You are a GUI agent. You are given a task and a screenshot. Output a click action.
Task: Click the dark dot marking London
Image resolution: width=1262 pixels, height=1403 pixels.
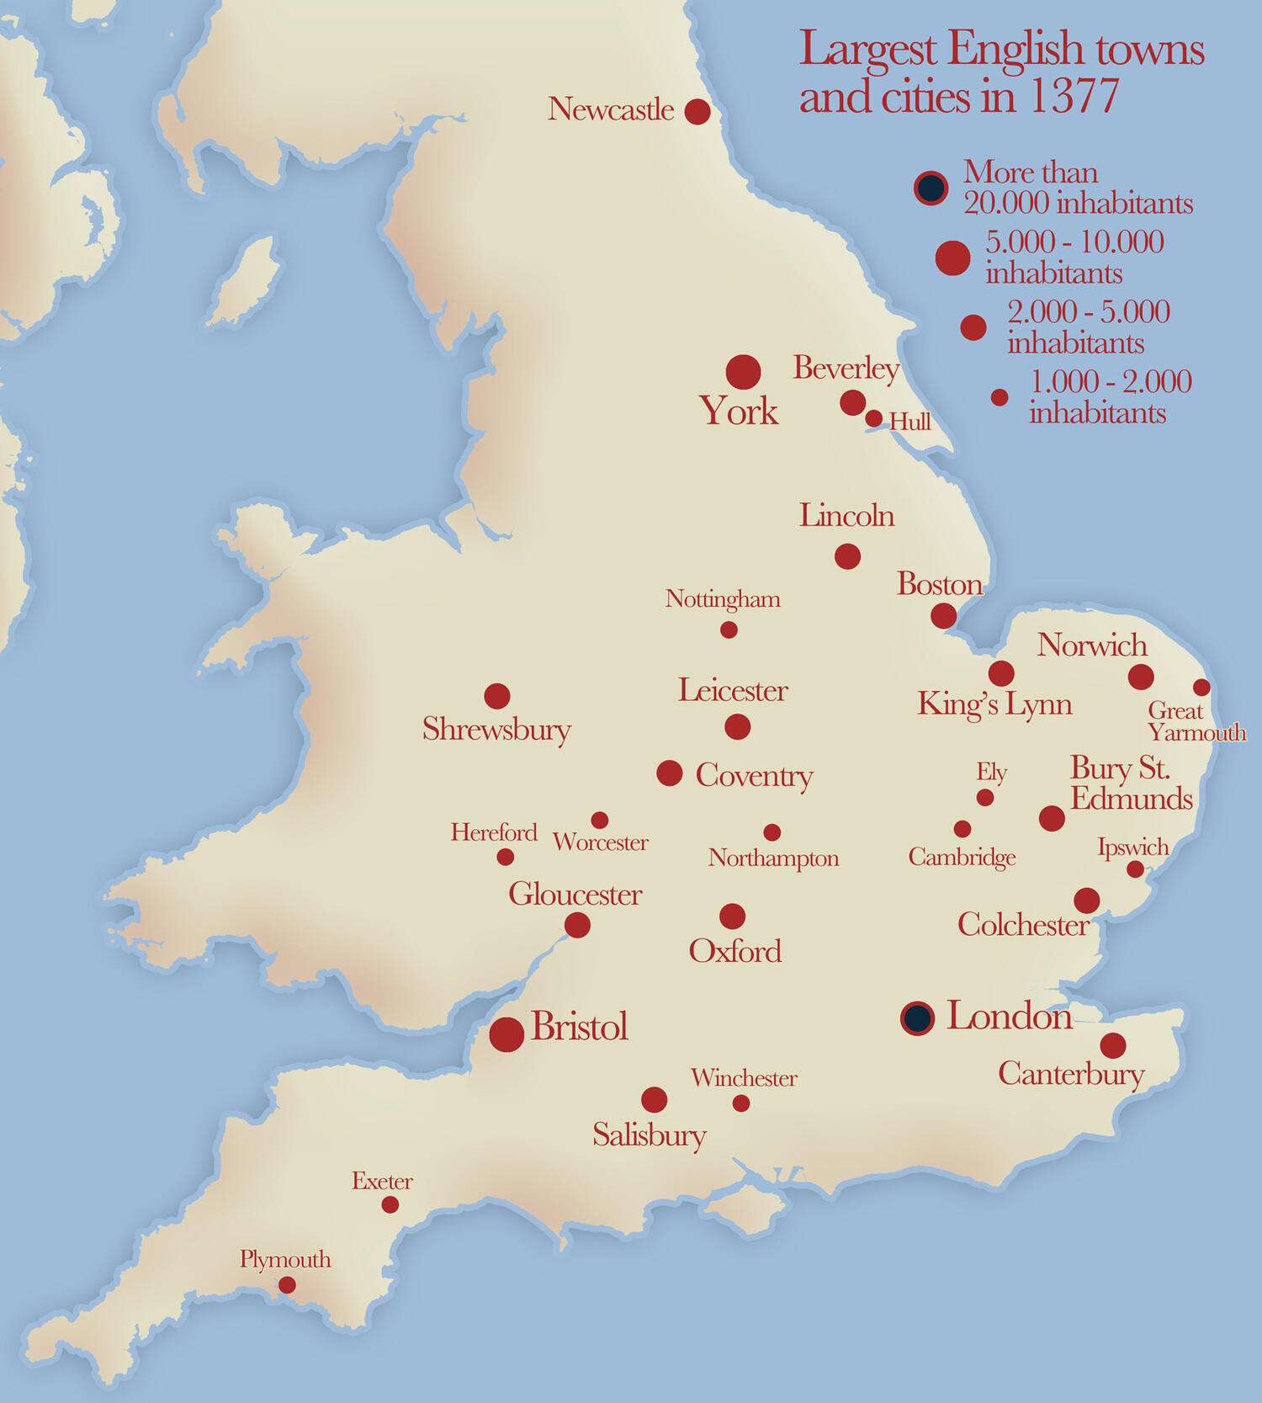(x=917, y=1018)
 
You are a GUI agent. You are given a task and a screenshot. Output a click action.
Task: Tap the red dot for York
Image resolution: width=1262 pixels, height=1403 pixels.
(x=743, y=371)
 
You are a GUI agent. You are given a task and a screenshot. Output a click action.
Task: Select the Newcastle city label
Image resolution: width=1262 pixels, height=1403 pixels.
(x=611, y=109)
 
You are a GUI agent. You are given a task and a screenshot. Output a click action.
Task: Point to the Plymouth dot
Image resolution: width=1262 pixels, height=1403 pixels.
(x=287, y=1285)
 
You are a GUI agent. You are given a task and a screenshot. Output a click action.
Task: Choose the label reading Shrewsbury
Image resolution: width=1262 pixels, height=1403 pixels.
(x=496, y=729)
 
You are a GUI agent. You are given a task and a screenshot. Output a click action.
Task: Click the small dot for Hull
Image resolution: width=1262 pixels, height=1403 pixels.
(x=874, y=418)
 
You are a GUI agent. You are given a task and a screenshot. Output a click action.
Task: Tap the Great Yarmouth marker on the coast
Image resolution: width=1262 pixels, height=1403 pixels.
(x=1201, y=688)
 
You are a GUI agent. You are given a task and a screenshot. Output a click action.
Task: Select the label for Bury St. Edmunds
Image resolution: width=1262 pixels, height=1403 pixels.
(x=1130, y=784)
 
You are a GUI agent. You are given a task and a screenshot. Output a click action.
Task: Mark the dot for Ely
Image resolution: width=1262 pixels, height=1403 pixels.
(x=985, y=797)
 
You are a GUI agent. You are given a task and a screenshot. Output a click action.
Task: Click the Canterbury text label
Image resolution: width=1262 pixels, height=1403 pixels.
(x=1071, y=1075)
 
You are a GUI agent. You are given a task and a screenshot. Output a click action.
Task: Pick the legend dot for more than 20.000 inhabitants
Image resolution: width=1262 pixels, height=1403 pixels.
(x=930, y=188)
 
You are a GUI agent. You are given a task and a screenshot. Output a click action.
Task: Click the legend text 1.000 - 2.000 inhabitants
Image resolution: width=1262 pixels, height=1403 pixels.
(x=1109, y=397)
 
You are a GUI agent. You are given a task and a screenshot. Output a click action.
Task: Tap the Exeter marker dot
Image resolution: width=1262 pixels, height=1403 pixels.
(x=390, y=1205)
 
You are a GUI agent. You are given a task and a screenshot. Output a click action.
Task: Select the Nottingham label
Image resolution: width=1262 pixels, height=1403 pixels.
(x=723, y=599)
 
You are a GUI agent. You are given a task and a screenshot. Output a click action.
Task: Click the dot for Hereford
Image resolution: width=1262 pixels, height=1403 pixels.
(x=505, y=857)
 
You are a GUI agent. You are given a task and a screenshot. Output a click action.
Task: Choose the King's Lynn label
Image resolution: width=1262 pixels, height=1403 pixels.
(x=994, y=704)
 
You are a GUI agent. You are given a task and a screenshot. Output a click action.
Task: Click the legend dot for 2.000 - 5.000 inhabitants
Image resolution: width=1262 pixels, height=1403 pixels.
(x=973, y=327)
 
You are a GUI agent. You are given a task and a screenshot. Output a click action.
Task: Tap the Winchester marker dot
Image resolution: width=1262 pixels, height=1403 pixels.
(x=741, y=1103)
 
